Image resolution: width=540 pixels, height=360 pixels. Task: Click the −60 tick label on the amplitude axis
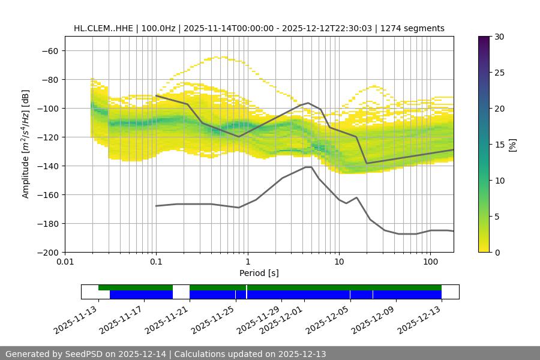(x=49, y=50)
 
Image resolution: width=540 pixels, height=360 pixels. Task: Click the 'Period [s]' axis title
(x=259, y=273)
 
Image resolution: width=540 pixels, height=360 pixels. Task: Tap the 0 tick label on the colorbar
(x=497, y=252)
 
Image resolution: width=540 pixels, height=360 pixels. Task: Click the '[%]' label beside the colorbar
(x=513, y=144)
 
